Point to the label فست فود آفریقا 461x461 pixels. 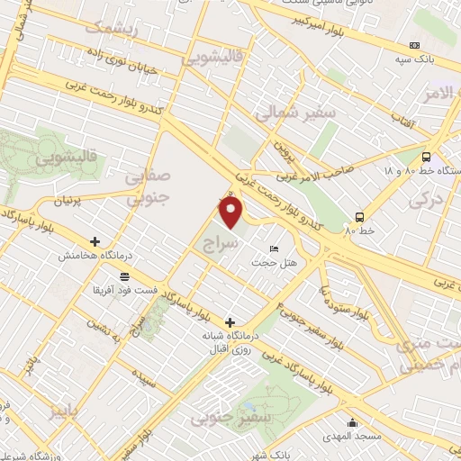[123, 290]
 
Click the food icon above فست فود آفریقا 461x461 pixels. [123, 276]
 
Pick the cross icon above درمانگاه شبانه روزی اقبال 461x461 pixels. [230, 321]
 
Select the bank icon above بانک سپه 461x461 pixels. [414, 46]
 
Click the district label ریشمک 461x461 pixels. [111, 28]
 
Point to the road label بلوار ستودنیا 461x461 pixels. [343, 299]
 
